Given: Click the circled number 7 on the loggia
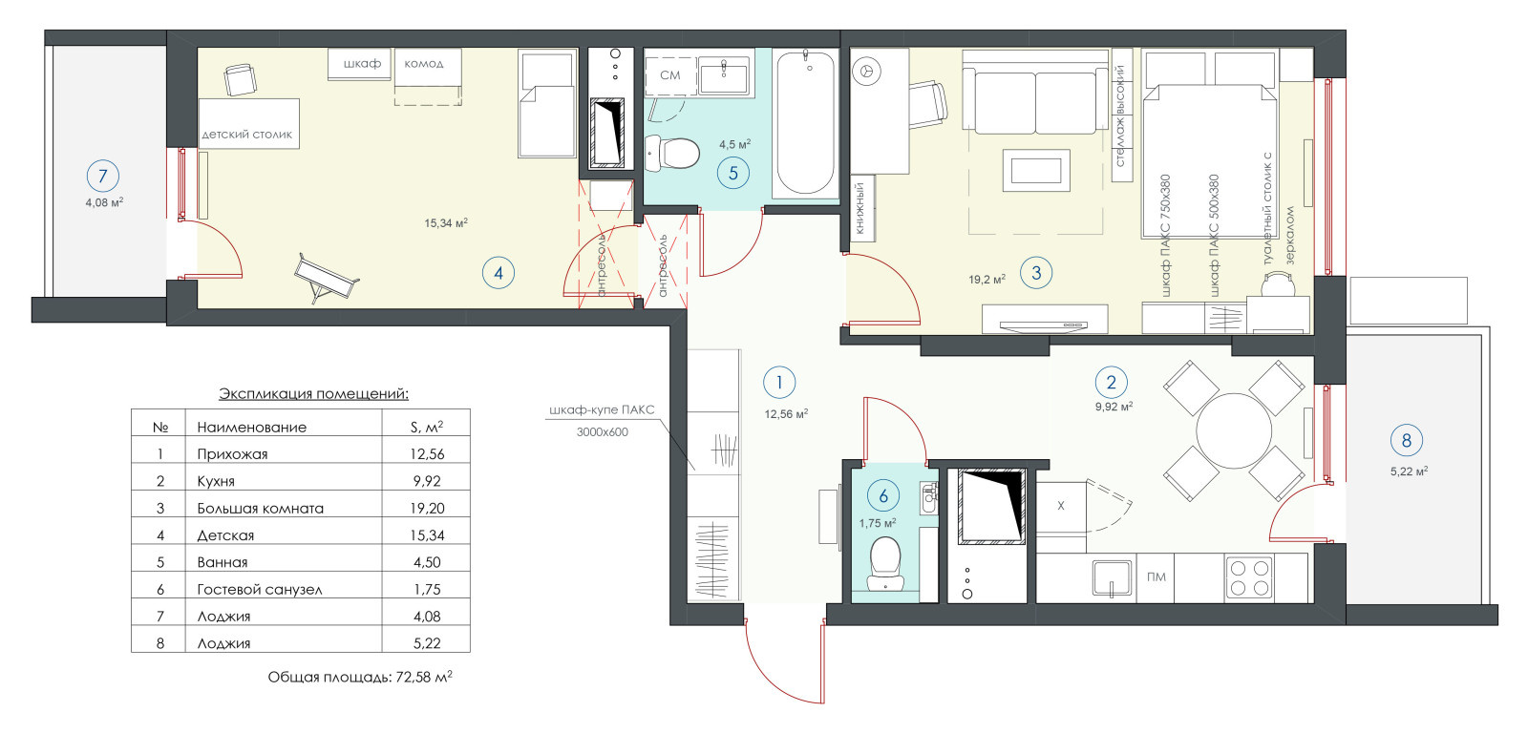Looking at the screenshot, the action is point(103,176).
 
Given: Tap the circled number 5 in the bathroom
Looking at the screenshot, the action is point(733,173).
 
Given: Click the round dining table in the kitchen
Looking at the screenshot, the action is point(1234,430).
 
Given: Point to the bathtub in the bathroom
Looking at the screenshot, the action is point(806,123).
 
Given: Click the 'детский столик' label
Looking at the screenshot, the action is point(247,135).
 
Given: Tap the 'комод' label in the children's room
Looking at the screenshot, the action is point(424,64).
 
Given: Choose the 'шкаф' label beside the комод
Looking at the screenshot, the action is point(362,63).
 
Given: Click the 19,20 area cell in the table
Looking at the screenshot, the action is point(427,508).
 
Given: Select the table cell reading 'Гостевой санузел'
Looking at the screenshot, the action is point(259,589).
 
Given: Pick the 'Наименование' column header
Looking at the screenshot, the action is point(252,427).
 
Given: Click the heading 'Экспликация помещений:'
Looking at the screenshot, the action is point(314,393).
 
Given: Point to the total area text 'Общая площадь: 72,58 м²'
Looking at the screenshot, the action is point(360,677).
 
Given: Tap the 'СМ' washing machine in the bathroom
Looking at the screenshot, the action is point(670,75).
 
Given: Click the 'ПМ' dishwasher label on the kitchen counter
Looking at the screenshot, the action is point(1157,576).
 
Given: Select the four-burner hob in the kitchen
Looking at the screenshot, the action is point(1249,578).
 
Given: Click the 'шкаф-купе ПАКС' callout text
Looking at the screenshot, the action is point(602,409).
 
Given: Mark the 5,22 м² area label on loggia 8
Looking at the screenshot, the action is point(1410,471).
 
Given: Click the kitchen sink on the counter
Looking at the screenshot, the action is point(1112,577).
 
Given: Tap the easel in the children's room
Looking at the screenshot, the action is point(326,278).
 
